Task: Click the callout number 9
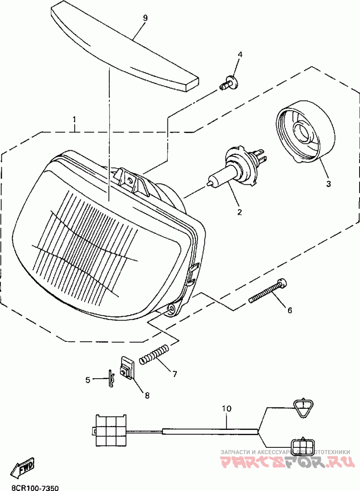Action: (x=145, y=18)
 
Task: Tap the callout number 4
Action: (x=240, y=54)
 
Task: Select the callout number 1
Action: (x=75, y=120)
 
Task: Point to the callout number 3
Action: (x=328, y=184)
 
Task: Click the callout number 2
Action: (x=239, y=212)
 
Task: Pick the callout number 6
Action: (x=290, y=310)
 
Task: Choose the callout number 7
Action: (x=174, y=374)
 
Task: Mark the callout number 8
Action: (x=147, y=395)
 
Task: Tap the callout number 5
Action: (x=88, y=380)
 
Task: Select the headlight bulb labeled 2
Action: (x=234, y=170)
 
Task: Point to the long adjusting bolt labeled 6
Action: (x=268, y=291)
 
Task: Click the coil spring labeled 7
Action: (x=154, y=354)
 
